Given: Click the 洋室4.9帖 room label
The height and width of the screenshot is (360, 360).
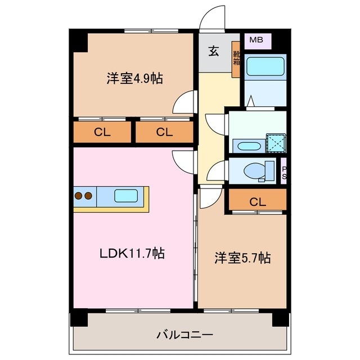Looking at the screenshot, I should [134, 79].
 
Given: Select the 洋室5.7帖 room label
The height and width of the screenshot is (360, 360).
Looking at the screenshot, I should [242, 258].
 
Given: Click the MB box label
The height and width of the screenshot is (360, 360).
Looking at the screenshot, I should [256, 40].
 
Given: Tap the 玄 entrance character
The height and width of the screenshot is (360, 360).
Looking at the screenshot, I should [214, 52].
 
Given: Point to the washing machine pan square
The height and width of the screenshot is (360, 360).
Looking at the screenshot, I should [275, 143].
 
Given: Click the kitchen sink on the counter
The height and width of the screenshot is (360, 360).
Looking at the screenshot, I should [125, 196].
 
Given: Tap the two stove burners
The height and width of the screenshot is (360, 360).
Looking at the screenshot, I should [83, 196].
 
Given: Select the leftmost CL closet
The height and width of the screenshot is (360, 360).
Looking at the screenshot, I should [102, 133].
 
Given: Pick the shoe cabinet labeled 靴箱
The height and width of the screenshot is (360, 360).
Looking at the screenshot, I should [236, 59].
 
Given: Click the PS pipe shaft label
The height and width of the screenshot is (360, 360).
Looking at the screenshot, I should [285, 173].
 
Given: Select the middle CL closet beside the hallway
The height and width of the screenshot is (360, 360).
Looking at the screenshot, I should [164, 133].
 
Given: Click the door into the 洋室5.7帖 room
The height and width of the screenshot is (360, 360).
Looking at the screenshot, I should [208, 197].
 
